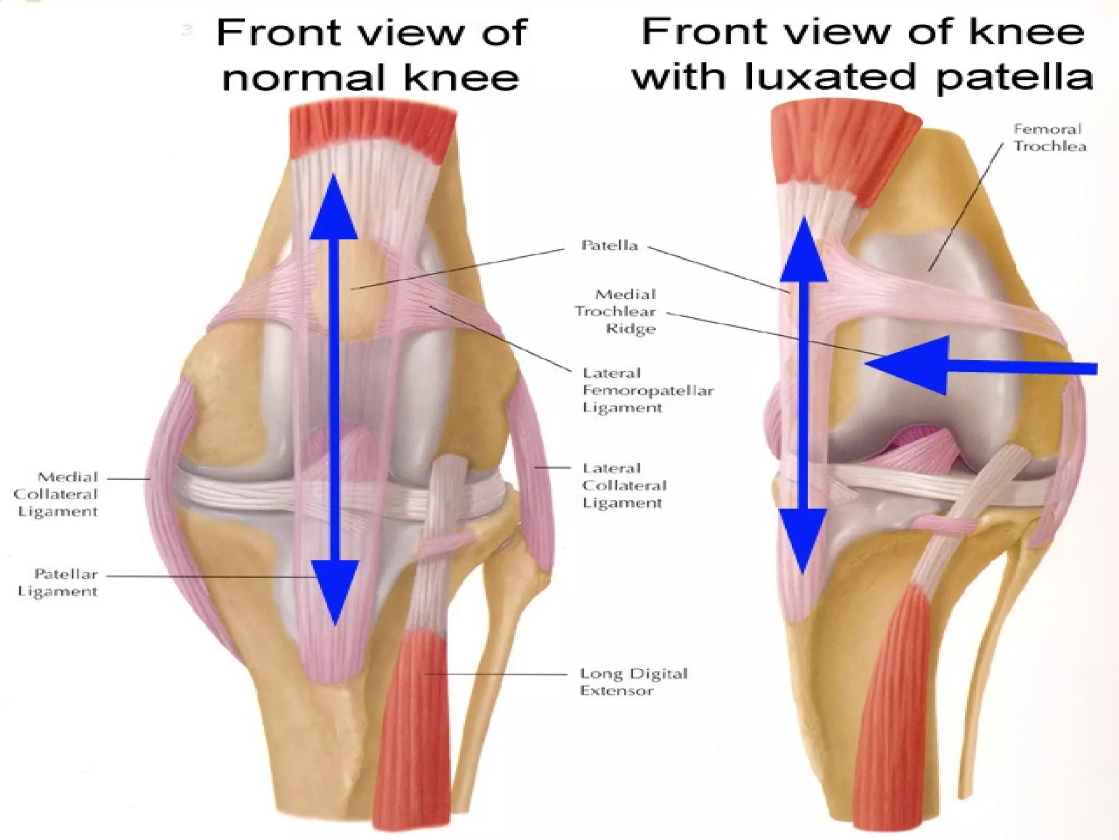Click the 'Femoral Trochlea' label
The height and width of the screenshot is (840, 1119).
click(1049, 138)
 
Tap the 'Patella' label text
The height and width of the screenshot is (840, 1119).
click(609, 245)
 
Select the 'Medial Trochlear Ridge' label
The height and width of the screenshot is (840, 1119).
click(616, 311)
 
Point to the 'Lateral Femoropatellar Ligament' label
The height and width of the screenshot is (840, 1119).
click(647, 390)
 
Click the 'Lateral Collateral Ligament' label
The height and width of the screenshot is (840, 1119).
click(624, 485)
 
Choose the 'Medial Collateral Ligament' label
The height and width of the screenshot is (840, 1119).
click(56, 494)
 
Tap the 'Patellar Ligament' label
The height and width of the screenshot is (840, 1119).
click(58, 582)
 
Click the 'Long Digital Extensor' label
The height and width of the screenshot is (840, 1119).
click(633, 681)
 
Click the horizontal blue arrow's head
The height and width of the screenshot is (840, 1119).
click(912, 365)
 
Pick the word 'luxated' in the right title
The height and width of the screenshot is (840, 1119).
click(830, 77)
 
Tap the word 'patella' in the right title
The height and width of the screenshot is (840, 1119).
click(1014, 77)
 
